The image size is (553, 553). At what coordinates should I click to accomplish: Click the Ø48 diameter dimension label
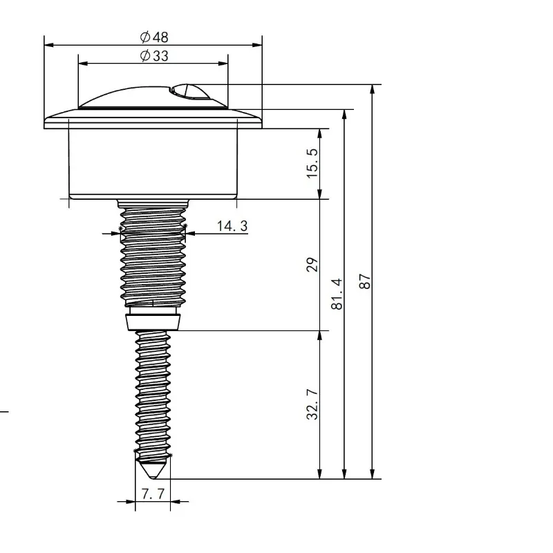[x=154, y=37]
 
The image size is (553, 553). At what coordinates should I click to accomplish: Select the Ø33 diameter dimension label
[x=154, y=56]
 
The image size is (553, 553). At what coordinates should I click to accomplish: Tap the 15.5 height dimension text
[x=312, y=163]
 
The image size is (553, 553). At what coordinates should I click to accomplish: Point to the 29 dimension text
[x=312, y=265]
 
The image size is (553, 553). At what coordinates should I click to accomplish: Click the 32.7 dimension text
[x=312, y=404]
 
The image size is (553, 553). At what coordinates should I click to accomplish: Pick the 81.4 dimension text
[x=337, y=294]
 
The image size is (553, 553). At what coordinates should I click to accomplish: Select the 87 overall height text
[x=365, y=281]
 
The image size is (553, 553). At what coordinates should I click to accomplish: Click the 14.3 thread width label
[x=232, y=226]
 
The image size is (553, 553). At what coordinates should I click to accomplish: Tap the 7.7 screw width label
[x=153, y=494]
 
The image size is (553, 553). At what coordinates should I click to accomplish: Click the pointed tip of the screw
[x=153, y=478]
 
